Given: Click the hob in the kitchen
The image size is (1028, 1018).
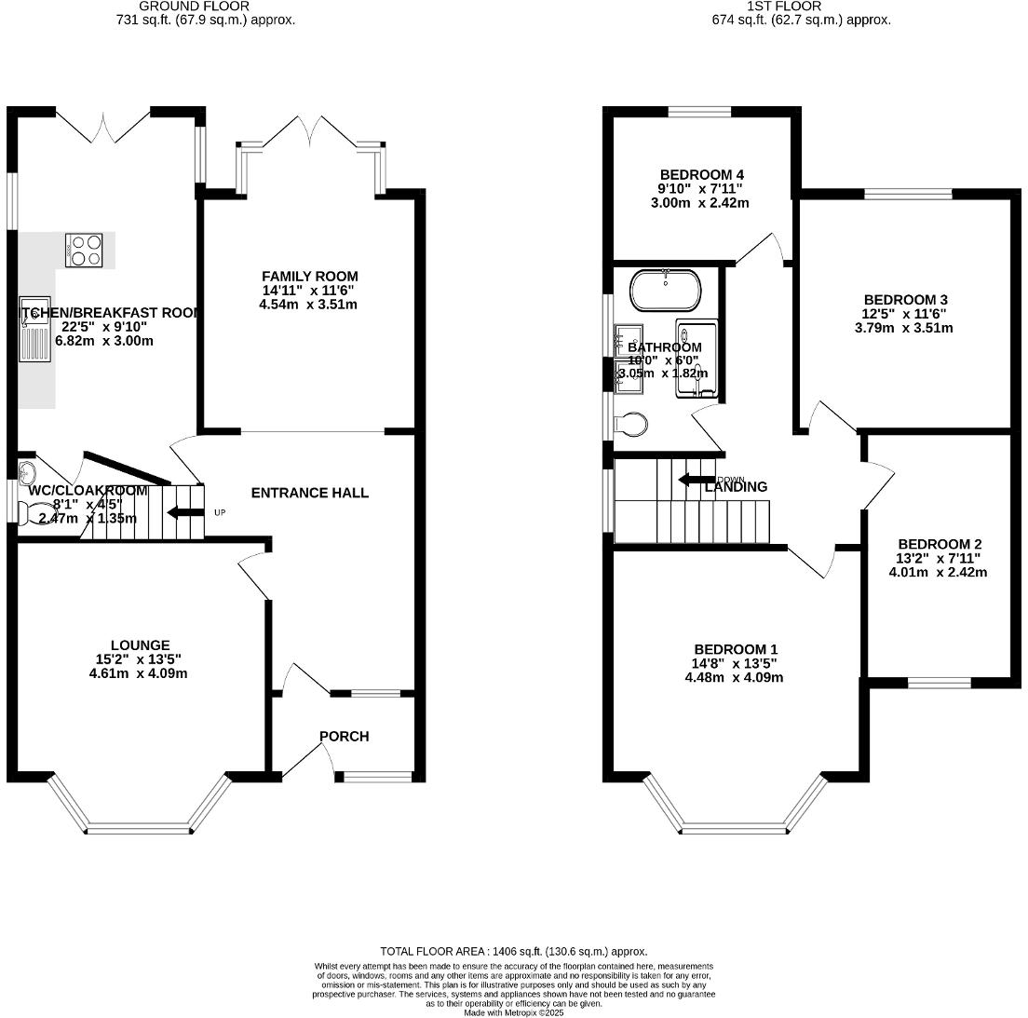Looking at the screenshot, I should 84,250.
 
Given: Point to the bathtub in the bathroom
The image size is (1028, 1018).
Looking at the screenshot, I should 665,290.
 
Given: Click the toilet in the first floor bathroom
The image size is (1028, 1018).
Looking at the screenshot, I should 632,425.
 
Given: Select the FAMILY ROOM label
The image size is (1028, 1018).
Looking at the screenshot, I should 309,277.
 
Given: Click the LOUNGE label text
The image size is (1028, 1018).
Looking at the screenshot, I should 141,645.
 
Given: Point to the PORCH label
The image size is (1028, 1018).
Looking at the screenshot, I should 344,736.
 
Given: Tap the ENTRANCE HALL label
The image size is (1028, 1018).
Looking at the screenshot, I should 309,493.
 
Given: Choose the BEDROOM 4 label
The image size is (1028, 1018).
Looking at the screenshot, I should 701,175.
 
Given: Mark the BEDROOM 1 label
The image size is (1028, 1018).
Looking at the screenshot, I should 735,649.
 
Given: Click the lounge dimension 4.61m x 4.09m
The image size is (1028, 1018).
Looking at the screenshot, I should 141,672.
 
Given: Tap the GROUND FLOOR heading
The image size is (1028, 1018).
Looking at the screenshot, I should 194,7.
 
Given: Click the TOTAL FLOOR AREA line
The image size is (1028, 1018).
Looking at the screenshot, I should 514,951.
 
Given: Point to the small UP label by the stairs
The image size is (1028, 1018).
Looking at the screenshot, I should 220,512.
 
